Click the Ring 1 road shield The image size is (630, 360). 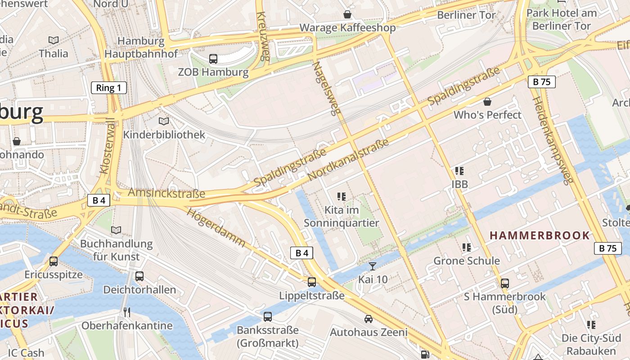pos(108,88)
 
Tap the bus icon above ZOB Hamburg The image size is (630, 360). pos(213,58)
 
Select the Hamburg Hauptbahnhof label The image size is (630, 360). pos(141,47)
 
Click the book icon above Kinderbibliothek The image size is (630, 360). pos(164,121)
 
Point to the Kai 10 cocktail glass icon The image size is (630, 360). pos(372,266)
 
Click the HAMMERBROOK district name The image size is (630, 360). pos(540,235)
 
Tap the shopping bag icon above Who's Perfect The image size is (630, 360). pos(487,102)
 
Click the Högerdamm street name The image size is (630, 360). pos(216,228)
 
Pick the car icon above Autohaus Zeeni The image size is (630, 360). pos(368,319)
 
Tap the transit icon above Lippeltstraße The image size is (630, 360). pos(311,282)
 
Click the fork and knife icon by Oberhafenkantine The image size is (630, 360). pos(127,312)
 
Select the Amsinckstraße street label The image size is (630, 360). pos(166,193)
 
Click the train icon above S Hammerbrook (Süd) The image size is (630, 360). pos(505,283)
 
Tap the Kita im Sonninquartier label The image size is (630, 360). pos(341,216)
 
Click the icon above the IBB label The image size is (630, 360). pos(459,171)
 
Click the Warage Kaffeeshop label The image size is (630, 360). pos(347,28)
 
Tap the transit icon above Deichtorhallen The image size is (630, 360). pos(139,276)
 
